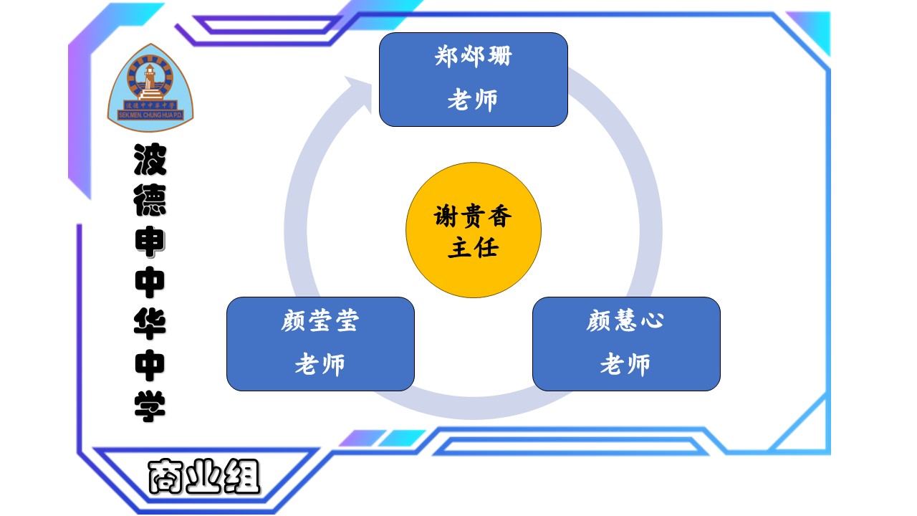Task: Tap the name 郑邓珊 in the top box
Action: pyautogui.click(x=474, y=56)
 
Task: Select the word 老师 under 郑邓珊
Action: pyautogui.click(x=473, y=100)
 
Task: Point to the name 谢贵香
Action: pyautogui.click(x=474, y=216)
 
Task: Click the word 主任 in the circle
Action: pyautogui.click(x=474, y=248)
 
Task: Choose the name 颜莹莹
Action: pyautogui.click(x=320, y=321)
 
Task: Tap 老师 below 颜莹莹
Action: pyautogui.click(x=320, y=365)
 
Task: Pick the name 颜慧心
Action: pyautogui.click(x=625, y=321)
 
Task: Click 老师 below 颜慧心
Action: pyautogui.click(x=625, y=365)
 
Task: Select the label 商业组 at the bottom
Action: pyautogui.click(x=204, y=476)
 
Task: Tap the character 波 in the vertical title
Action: pyautogui.click(x=150, y=160)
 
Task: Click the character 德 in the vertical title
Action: pyautogui.click(x=150, y=201)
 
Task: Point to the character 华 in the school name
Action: pyautogui.click(x=150, y=324)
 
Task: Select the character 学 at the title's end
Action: pyautogui.click(x=150, y=406)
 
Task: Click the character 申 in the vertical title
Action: pyautogui.click(x=150, y=242)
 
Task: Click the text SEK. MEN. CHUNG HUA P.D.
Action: pyautogui.click(x=150, y=113)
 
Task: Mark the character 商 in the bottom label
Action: pyautogui.click(x=166, y=477)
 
